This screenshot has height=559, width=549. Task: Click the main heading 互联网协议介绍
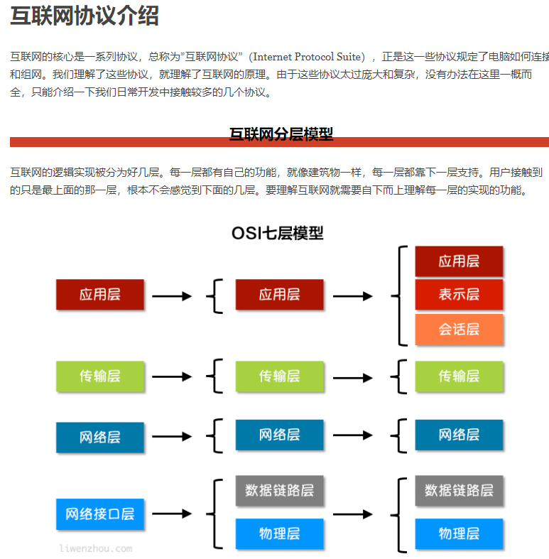click(85, 16)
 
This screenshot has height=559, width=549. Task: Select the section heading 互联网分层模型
click(281, 134)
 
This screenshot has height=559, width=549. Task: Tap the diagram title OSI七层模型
click(278, 233)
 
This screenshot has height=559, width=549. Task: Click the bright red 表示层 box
click(459, 294)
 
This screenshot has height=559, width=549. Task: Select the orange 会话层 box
click(459, 329)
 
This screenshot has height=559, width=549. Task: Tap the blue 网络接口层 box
click(99, 514)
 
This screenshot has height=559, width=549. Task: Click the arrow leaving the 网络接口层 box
click(172, 514)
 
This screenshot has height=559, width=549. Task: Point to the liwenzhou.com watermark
click(95, 548)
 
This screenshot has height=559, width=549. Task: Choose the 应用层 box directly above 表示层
click(459, 261)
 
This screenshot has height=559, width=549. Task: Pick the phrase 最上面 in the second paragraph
click(62, 190)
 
